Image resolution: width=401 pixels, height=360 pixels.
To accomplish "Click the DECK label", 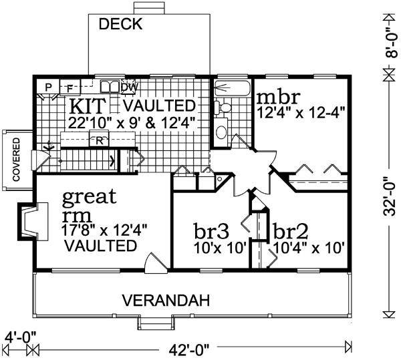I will (x=121, y=25).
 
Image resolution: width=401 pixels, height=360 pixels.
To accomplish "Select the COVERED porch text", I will (x=15, y=159).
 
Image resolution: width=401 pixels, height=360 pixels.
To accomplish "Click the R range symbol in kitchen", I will (x=99, y=140).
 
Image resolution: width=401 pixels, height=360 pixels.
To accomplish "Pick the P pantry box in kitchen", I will (x=48, y=87).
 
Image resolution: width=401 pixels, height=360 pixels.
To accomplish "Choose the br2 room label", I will (x=293, y=230).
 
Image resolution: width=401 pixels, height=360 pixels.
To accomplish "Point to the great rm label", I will (x=89, y=206).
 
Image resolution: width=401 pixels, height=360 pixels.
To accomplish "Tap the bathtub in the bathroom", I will (x=231, y=88).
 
